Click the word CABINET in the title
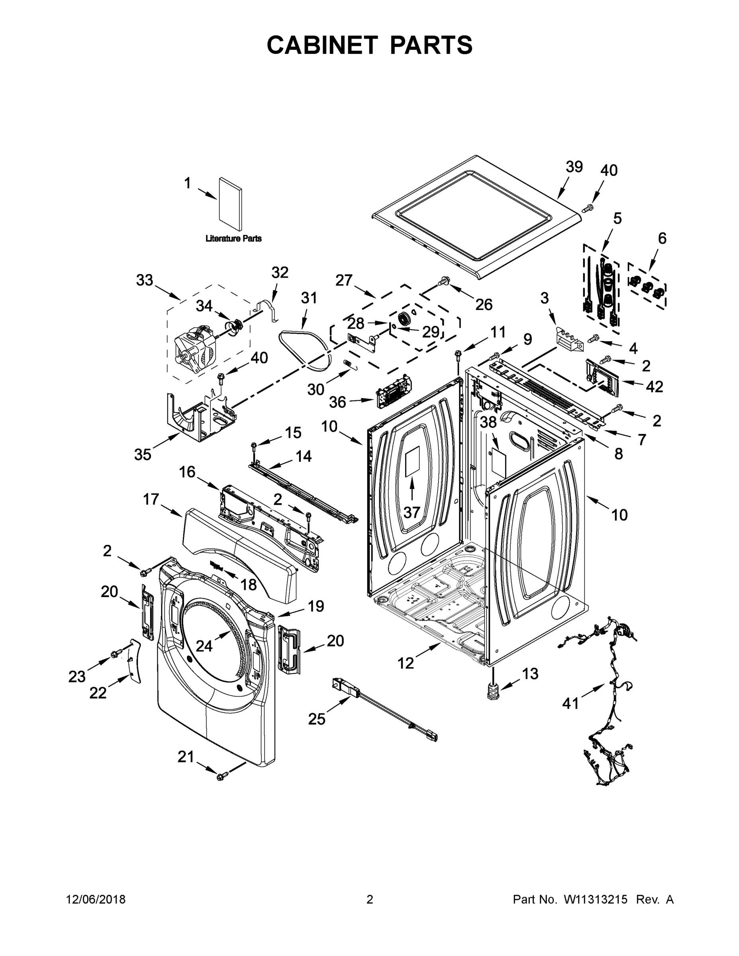click(x=322, y=45)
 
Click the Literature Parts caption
click(x=233, y=239)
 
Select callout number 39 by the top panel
click(x=574, y=167)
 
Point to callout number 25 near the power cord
click(x=317, y=718)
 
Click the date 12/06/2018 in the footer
click(x=96, y=899)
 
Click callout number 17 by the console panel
click(x=151, y=499)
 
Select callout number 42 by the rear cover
click(x=654, y=386)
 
